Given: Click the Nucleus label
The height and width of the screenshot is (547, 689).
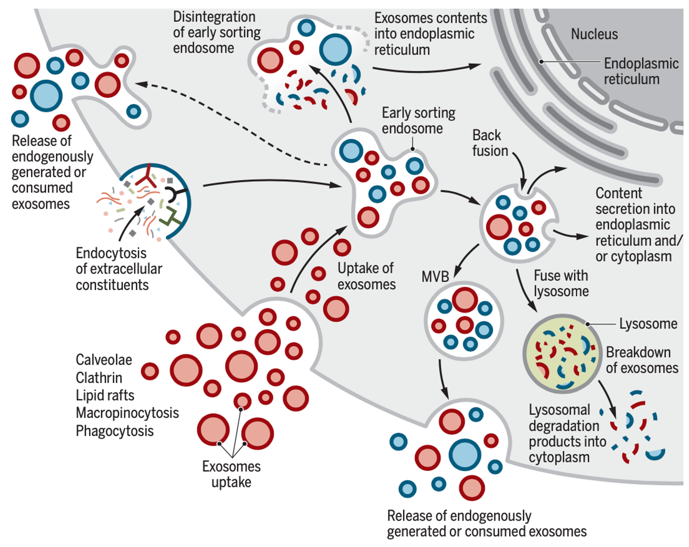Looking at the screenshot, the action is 594,34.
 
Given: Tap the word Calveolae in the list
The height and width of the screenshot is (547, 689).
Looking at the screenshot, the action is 104,360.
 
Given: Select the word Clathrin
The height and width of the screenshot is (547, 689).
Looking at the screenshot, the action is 99,378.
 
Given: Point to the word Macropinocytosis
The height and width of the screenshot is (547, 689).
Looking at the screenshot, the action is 127,413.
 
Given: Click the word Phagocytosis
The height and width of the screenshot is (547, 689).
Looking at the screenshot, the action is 114,431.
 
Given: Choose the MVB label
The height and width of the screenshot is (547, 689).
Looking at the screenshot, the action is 435,277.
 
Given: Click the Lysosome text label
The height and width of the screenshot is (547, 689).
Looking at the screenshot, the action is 648,324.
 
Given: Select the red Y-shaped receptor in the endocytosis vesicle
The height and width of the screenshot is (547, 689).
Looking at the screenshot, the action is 146,176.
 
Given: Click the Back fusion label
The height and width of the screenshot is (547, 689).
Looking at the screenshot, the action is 490,143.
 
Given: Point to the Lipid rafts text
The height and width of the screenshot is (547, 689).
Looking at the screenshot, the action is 105,396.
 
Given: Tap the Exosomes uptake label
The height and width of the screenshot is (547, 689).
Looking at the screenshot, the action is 232,474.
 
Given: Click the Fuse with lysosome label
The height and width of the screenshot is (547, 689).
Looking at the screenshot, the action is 561,284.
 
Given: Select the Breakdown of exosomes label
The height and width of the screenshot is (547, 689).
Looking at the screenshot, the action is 642,361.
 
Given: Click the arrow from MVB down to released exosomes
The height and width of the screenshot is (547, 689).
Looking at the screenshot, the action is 442,379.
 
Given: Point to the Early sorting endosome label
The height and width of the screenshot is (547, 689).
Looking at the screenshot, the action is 419,121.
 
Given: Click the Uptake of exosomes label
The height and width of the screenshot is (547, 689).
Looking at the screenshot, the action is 367,277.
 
